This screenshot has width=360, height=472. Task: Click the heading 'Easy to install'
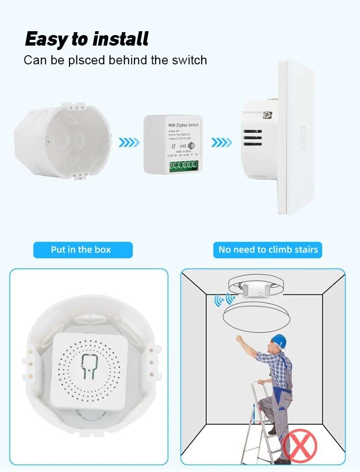(x=87, y=39)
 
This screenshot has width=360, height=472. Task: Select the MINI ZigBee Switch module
(x=171, y=144)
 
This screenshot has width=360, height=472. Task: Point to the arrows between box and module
(x=129, y=142)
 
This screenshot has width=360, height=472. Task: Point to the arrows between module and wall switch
(x=221, y=142)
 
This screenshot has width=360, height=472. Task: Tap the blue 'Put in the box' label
(x=81, y=250)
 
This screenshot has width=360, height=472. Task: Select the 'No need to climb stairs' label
(x=268, y=250)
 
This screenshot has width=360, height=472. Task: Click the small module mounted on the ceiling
(x=254, y=289)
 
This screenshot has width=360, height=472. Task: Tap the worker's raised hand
(x=239, y=339)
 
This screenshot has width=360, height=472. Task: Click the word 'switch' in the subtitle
(x=187, y=61)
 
